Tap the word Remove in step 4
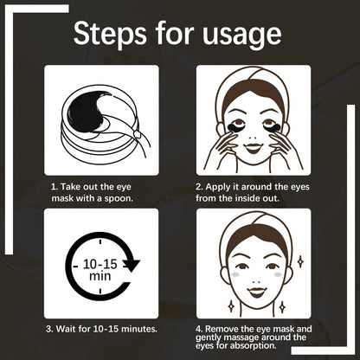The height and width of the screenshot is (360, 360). tap(226, 329)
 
